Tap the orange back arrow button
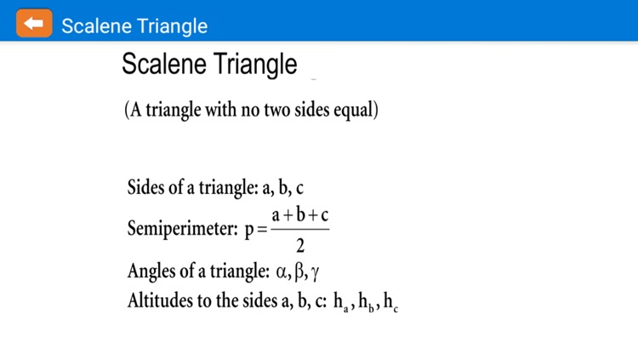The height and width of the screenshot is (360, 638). [34, 24]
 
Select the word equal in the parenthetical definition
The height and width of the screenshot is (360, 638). [355, 111]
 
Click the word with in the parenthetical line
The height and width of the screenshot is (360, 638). [219, 111]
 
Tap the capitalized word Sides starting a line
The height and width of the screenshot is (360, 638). [145, 188]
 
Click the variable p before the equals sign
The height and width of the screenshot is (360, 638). [249, 230]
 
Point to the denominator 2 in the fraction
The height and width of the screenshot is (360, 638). [300, 247]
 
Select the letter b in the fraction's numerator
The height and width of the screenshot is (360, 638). [300, 214]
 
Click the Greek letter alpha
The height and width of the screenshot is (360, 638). [284, 272]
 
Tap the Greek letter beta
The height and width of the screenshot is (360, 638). [300, 272]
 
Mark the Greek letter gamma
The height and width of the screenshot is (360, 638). [315, 273]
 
